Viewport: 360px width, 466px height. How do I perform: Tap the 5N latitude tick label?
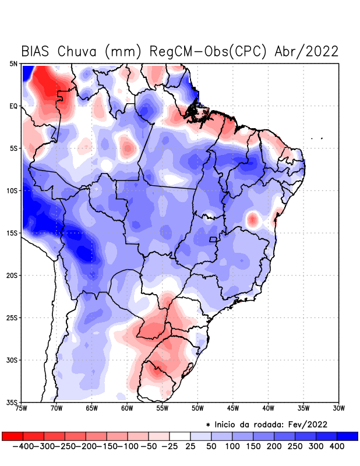(x=13, y=63)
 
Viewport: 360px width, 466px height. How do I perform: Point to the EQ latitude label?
(x=13, y=106)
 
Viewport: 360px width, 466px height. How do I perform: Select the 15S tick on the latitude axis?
(x=12, y=233)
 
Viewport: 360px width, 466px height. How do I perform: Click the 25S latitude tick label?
(x=12, y=317)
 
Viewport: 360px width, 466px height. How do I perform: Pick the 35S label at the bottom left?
(x=12, y=402)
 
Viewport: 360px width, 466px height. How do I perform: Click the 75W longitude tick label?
(x=22, y=408)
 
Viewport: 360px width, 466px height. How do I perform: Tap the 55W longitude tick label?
(x=162, y=408)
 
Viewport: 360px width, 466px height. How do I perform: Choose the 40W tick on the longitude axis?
(x=268, y=408)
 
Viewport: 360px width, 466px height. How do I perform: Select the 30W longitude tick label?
(x=338, y=408)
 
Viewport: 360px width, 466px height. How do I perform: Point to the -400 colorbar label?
(x=23, y=446)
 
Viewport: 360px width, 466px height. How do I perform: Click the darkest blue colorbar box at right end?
(x=348, y=436)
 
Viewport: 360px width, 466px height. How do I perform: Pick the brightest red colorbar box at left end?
(x=12, y=436)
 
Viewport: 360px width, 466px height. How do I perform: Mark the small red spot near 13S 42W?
(x=252, y=220)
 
